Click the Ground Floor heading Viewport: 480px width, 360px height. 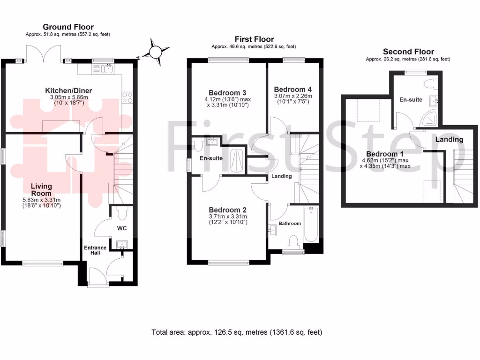click(x=68, y=27)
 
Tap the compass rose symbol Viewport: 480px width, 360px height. click(x=155, y=52)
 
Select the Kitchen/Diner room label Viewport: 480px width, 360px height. click(x=68, y=90)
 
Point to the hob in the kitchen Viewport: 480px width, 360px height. click(x=127, y=97)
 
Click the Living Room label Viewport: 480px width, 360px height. click(x=42, y=190)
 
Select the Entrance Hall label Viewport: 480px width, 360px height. click(x=95, y=250)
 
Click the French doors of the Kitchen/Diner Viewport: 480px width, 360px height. click(x=44, y=52)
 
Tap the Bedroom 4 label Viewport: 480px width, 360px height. click(x=292, y=89)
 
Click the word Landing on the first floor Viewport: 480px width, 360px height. click(x=281, y=176)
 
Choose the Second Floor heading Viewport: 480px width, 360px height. click(x=408, y=52)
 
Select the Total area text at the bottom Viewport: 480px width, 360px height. click(x=237, y=332)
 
